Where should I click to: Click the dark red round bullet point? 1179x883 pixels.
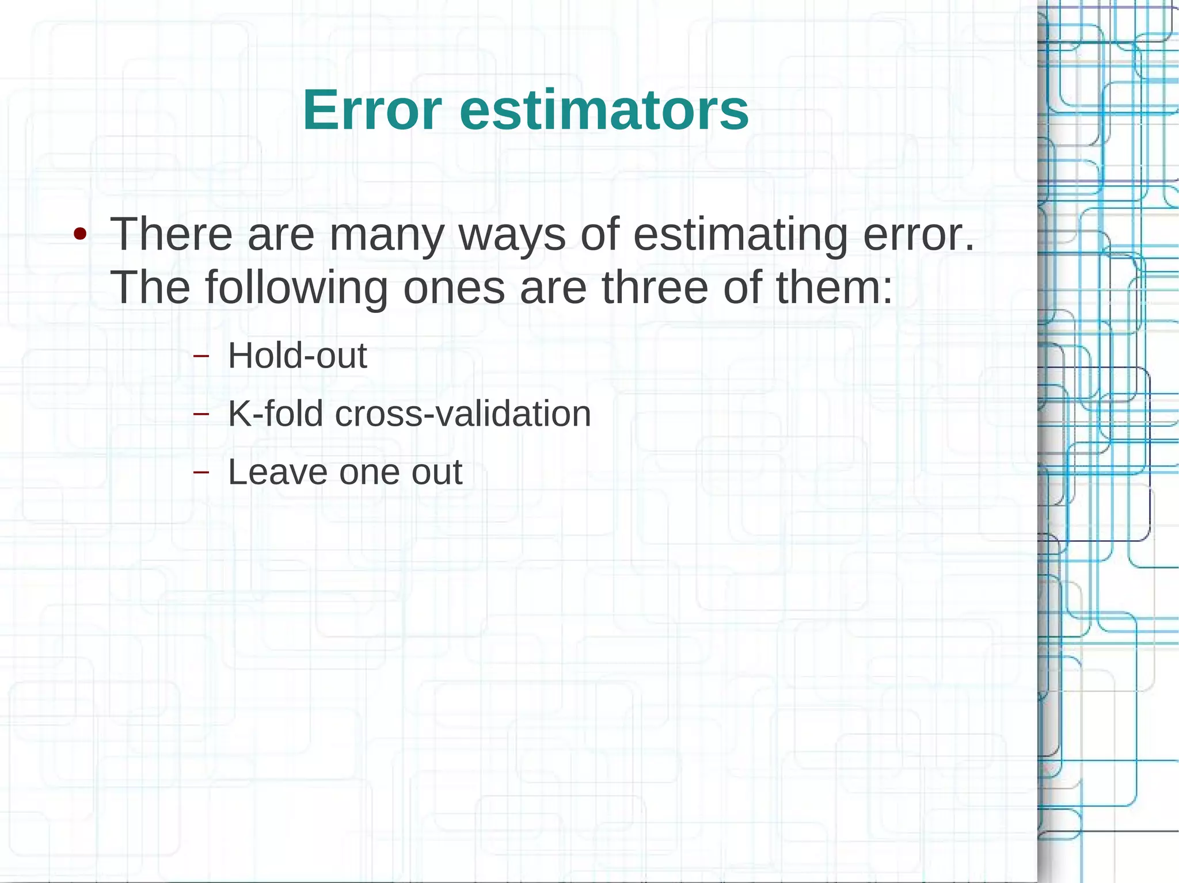[x=80, y=234]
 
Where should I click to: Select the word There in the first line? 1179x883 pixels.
[x=171, y=234]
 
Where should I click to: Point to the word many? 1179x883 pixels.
[x=387, y=235]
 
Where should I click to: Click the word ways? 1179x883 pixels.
[x=512, y=235]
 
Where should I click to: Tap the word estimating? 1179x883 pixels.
[x=740, y=235]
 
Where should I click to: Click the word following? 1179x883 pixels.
[x=296, y=288]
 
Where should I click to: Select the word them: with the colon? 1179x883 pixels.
[x=834, y=287]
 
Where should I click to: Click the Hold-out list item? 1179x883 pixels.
[x=297, y=356]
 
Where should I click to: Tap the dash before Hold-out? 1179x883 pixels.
[x=201, y=356]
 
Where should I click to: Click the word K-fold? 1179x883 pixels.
[x=275, y=414]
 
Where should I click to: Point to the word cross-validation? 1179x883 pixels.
[x=463, y=414]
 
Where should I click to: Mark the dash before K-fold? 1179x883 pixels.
[x=201, y=414]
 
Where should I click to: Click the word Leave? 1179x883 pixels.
[x=277, y=472]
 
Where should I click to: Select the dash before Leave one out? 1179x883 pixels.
[x=201, y=473]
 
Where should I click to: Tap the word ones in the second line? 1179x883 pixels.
[x=454, y=288]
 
